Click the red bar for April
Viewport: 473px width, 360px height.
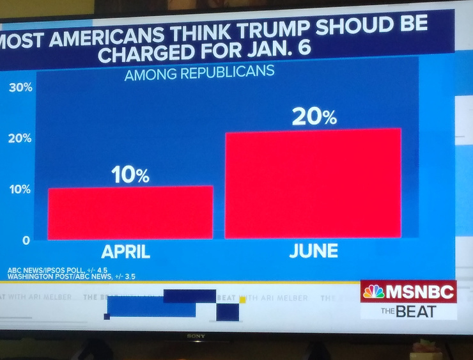point(130,213)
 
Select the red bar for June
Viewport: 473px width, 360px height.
point(313,184)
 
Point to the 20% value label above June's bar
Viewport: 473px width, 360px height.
point(314,116)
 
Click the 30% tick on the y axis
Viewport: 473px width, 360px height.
point(20,88)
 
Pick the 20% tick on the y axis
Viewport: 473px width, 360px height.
point(20,139)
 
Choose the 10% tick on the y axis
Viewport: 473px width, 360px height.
point(20,189)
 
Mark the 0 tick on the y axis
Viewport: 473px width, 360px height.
point(26,240)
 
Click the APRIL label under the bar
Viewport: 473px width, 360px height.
point(126,251)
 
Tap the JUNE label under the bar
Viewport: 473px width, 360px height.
point(313,250)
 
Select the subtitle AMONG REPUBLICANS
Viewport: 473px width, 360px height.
point(199,72)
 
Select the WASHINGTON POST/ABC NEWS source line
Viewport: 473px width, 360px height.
point(71,277)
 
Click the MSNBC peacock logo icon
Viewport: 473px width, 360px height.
point(374,292)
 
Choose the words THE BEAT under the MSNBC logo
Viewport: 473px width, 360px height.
point(408,311)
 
